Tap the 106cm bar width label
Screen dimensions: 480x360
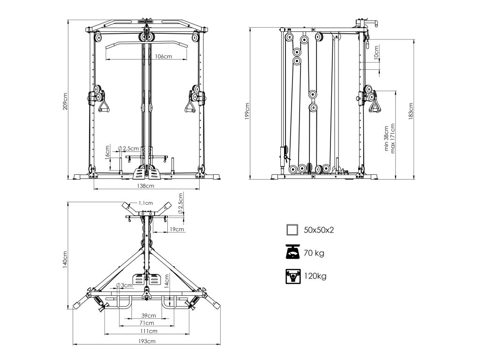tap(162, 57)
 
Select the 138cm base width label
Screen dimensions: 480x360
tap(146, 186)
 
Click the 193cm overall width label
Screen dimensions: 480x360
tap(147, 341)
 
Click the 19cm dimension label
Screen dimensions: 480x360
tap(176, 229)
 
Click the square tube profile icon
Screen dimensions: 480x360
tap(292, 230)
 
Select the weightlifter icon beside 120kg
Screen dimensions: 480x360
tap(292, 276)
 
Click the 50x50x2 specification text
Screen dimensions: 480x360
tap(319, 230)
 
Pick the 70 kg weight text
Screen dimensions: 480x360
tap(314, 253)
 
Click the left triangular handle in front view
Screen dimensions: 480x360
tap(104, 106)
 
